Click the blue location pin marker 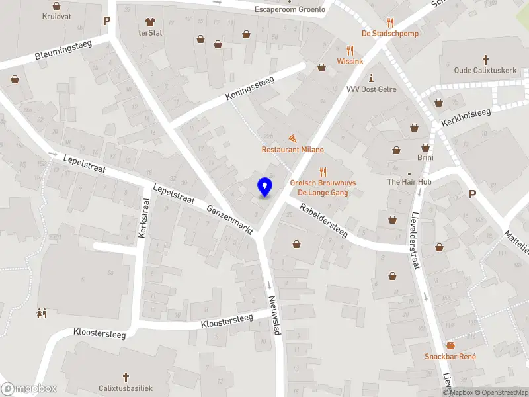coord(265,187)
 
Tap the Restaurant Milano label coord(293,150)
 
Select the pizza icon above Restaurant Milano coord(292,138)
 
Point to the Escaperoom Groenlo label coord(290,10)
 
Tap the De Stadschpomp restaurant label coord(389,34)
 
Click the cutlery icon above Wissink coord(350,50)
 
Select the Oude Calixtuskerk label coord(485,71)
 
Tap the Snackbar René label coord(450,357)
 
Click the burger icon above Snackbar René coord(450,345)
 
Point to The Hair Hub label coord(409,182)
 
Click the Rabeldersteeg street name coord(323,220)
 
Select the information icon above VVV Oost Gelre coord(371,77)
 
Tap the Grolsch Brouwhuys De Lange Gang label coord(319,187)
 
